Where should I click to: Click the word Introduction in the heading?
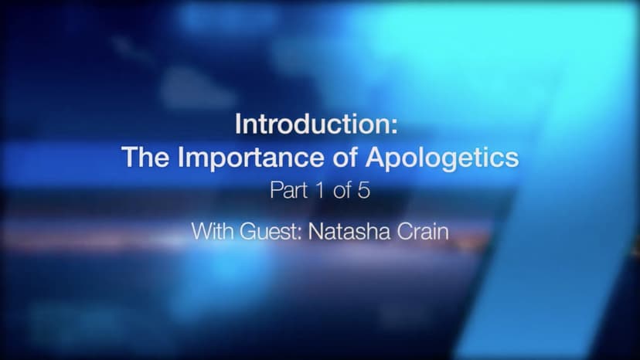pyautogui.click(x=312, y=124)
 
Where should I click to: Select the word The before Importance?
pyautogui.click(x=145, y=157)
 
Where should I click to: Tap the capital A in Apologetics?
pyautogui.click(x=376, y=157)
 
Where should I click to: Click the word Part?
pyautogui.click(x=288, y=190)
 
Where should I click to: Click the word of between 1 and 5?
pyautogui.click(x=342, y=190)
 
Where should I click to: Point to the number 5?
pyautogui.click(x=364, y=191)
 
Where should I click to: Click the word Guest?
pyautogui.click(x=268, y=232)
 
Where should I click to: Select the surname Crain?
pyautogui.click(x=423, y=232)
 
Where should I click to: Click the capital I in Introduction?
pyautogui.click(x=238, y=124)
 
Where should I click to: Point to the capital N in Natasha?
pyautogui.click(x=315, y=232)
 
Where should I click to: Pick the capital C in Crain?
pyautogui.click(x=405, y=232)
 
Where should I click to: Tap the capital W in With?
pyautogui.click(x=203, y=232)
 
